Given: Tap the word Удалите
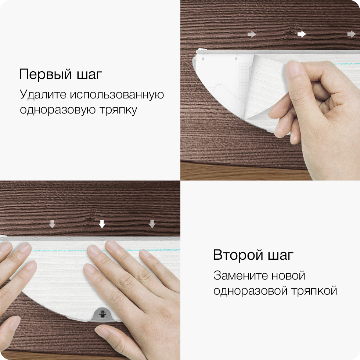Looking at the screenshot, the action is (x=43, y=94).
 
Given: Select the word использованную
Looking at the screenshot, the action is (x=117, y=95).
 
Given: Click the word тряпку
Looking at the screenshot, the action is (x=118, y=110).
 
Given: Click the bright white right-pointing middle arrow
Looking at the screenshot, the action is (x=302, y=34).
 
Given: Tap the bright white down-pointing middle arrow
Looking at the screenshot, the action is (x=102, y=224).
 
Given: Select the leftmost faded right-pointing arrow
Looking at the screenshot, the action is (x=252, y=35).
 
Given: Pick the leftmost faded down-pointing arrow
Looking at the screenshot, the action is (x=52, y=224).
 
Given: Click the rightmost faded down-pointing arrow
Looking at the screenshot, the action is (x=152, y=224).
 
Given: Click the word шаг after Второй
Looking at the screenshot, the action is (x=281, y=255).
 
